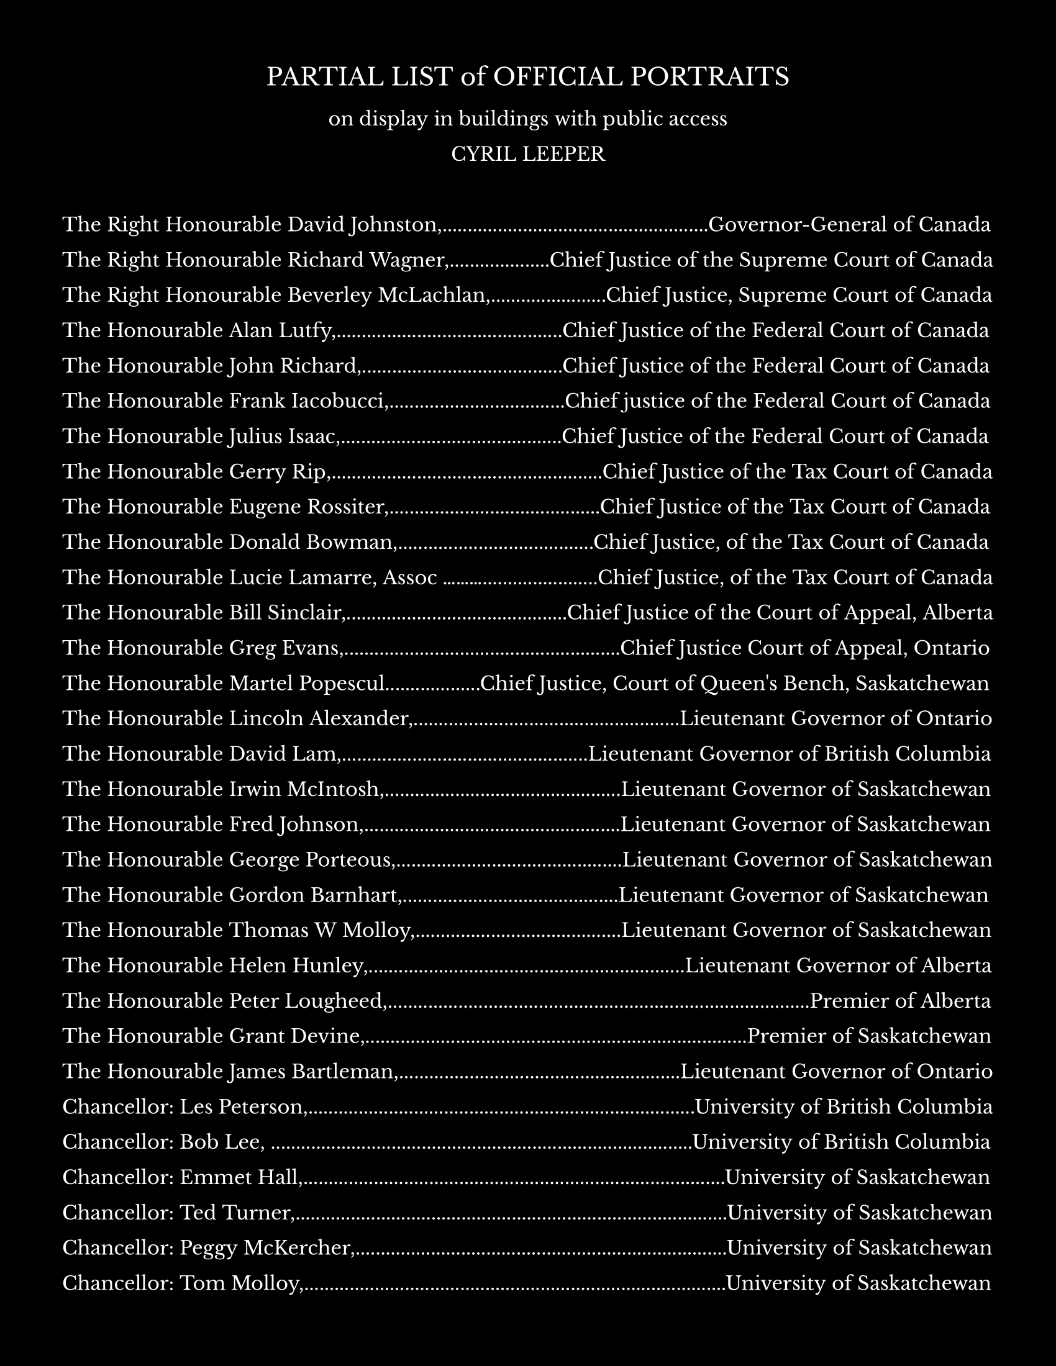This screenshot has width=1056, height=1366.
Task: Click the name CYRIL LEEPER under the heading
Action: pyautogui.click(x=528, y=154)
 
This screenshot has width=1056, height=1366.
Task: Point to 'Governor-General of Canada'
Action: pyautogui.click(x=849, y=225)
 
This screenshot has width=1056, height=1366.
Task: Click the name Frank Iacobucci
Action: pyautogui.click(x=307, y=401)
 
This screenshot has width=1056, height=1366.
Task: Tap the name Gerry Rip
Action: pyautogui.click(x=278, y=472)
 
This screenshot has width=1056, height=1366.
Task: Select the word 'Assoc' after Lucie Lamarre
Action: pyautogui.click(x=409, y=577)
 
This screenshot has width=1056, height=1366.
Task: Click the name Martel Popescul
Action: pyautogui.click(x=306, y=683)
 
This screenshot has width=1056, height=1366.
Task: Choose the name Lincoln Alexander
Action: pyautogui.click(x=319, y=718)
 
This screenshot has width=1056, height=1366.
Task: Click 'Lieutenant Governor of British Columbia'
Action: pyautogui.click(x=790, y=754)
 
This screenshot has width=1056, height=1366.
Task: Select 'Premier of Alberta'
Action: pyautogui.click(x=900, y=1001)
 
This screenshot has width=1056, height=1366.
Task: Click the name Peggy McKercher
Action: pyautogui.click(x=265, y=1248)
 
